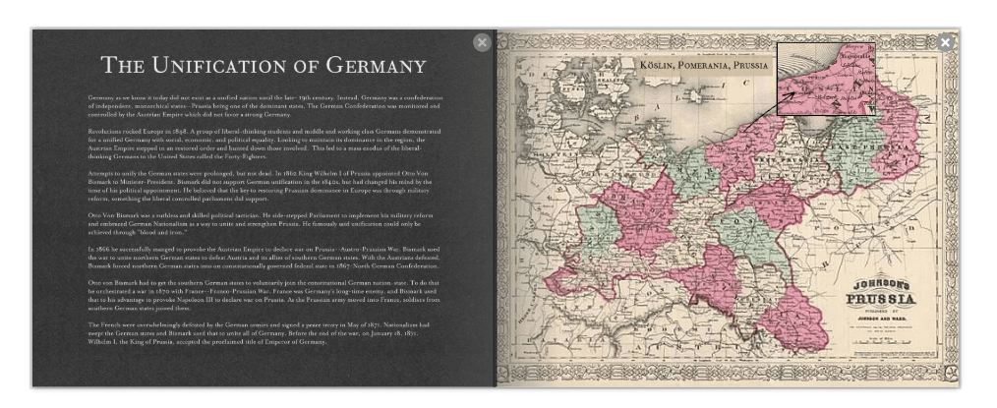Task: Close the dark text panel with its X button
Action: (481, 42)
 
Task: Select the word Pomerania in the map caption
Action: (712, 65)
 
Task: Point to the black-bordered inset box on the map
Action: (825, 79)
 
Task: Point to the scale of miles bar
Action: (881, 341)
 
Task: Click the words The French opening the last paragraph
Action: (103, 323)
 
